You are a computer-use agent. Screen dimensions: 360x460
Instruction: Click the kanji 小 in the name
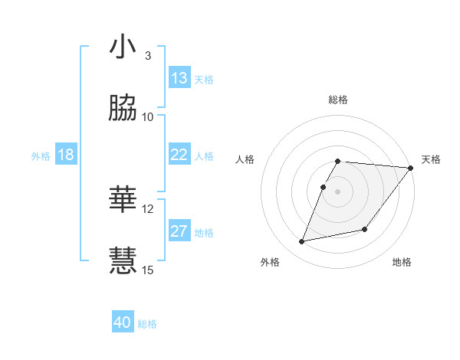pyautogui.click(x=123, y=47)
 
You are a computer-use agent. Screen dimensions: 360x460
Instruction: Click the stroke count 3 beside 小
pyautogui.click(x=148, y=56)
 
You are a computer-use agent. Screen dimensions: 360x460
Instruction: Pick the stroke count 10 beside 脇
pyautogui.click(x=148, y=116)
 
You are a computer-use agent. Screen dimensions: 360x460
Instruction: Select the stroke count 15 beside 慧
pyautogui.click(x=148, y=270)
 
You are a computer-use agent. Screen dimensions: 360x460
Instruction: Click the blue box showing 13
pyautogui.click(x=179, y=78)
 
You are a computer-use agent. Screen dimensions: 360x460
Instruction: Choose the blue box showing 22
pyautogui.click(x=179, y=155)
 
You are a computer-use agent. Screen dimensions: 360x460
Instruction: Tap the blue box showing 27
pyautogui.click(x=179, y=231)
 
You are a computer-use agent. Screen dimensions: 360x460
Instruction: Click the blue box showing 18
pyautogui.click(x=66, y=155)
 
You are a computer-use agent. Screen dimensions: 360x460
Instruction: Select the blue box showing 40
pyautogui.click(x=123, y=322)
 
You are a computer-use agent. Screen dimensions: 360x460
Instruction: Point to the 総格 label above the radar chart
pyautogui.click(x=338, y=100)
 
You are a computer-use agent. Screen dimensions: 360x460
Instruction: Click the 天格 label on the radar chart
pyautogui.click(x=431, y=159)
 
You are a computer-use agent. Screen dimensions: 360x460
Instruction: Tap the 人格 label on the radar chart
pyautogui.click(x=245, y=159)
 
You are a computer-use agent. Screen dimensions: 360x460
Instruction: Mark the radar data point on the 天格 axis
pyautogui.click(x=411, y=168)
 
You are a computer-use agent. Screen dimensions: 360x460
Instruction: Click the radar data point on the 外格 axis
pyautogui.click(x=302, y=242)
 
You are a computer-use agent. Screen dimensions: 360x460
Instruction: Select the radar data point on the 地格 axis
pyautogui.click(x=366, y=229)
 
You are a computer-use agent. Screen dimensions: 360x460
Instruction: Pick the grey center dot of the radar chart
pyautogui.click(x=338, y=191)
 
